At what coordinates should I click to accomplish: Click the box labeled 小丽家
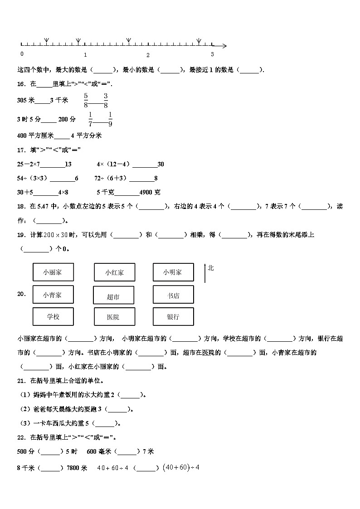tap(53, 272)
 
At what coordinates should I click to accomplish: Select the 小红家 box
tap(114, 272)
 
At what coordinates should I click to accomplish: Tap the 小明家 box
tap(173, 272)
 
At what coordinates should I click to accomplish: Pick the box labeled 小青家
tap(53, 295)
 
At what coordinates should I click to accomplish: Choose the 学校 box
tap(53, 316)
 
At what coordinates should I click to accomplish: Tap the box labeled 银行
tap(173, 316)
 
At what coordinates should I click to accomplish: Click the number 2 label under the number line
tap(148, 55)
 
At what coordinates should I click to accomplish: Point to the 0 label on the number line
tap(22, 54)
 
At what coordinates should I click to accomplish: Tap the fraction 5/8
tap(85, 100)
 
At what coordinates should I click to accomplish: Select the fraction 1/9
tap(110, 119)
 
